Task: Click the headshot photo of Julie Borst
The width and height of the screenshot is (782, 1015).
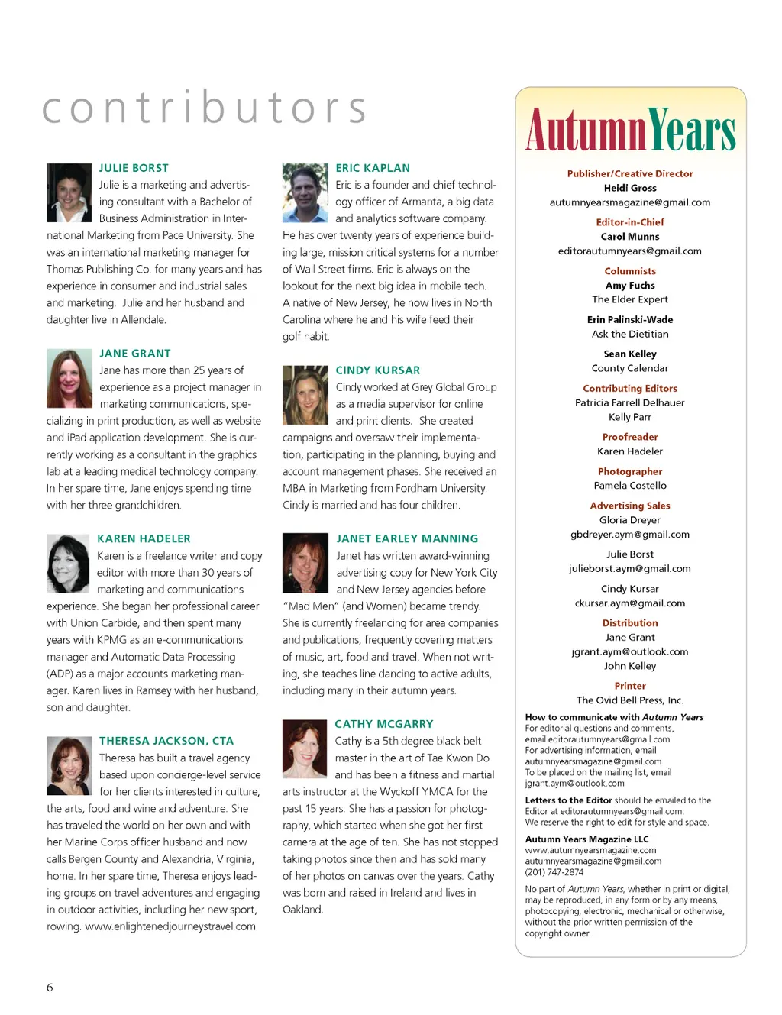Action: pos(69,192)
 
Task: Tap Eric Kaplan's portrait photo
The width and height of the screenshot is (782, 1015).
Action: pos(305,192)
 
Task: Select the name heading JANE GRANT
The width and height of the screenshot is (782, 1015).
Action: pos(135,354)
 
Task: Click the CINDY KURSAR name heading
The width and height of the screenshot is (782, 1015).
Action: pos(378,370)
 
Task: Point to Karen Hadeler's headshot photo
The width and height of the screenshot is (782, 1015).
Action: pos(68,564)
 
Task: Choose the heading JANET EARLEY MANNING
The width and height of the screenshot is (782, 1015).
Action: pos(407,538)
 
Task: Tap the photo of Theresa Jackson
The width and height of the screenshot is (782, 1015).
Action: pos(69,766)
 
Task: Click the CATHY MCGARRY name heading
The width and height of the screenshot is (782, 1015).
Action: pos(384,724)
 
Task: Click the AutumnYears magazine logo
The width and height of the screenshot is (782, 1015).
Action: pos(630,130)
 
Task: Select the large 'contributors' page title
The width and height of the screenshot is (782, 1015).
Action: pos(205,108)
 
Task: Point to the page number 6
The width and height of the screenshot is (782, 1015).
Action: pos(50,988)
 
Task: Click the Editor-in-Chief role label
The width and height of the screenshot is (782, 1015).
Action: pos(630,222)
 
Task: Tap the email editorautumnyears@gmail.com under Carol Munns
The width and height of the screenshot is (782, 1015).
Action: pos(630,251)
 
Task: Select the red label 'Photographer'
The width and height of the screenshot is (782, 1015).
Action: pos(630,472)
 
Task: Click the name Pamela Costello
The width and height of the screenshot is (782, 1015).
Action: pos(630,486)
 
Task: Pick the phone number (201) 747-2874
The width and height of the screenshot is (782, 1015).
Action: pos(554,872)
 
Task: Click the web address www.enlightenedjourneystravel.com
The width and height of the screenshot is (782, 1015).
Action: pos(170,926)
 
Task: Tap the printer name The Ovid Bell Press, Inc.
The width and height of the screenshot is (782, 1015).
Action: pos(630,700)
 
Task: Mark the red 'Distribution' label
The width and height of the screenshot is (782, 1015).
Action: pos(630,623)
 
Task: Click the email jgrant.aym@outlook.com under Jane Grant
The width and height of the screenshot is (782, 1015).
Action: pos(630,652)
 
